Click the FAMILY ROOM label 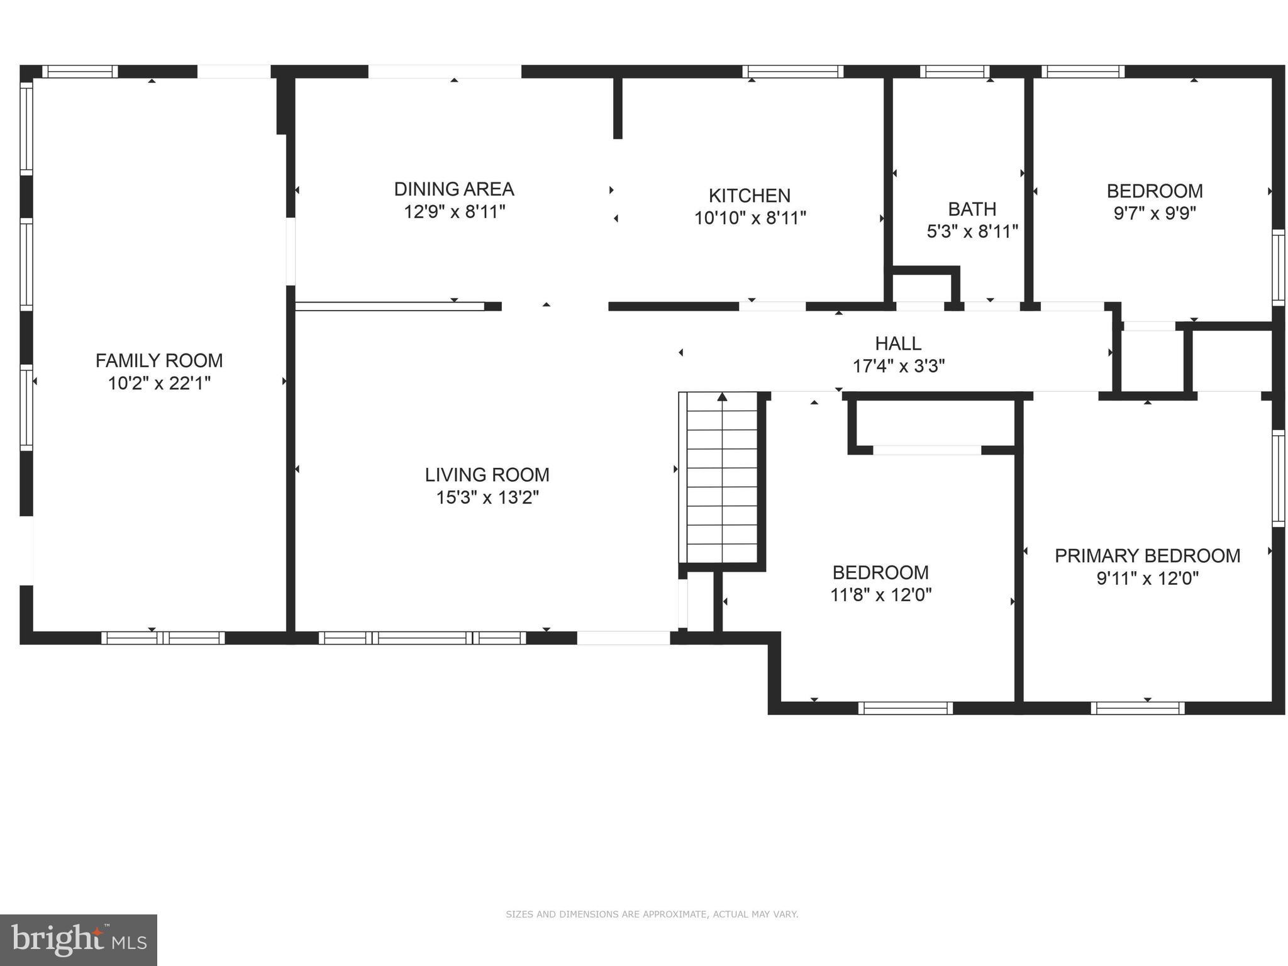(x=159, y=360)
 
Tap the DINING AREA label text (x=454, y=189)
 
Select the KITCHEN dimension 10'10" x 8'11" (x=750, y=218)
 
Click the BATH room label (x=972, y=209)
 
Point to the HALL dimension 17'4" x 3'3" (x=898, y=366)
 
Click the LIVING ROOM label (x=487, y=474)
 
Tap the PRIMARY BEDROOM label (x=1147, y=556)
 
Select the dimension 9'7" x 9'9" (x=1154, y=213)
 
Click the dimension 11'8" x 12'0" (x=880, y=595)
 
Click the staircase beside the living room (x=722, y=478)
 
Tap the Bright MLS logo (x=79, y=940)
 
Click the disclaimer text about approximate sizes (x=652, y=914)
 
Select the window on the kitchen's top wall (x=792, y=72)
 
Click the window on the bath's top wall (x=954, y=72)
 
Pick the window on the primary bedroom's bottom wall (x=1137, y=708)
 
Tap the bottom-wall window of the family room (x=163, y=638)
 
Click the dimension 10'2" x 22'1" (x=159, y=383)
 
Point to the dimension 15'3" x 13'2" (x=487, y=497)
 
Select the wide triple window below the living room (x=422, y=638)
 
